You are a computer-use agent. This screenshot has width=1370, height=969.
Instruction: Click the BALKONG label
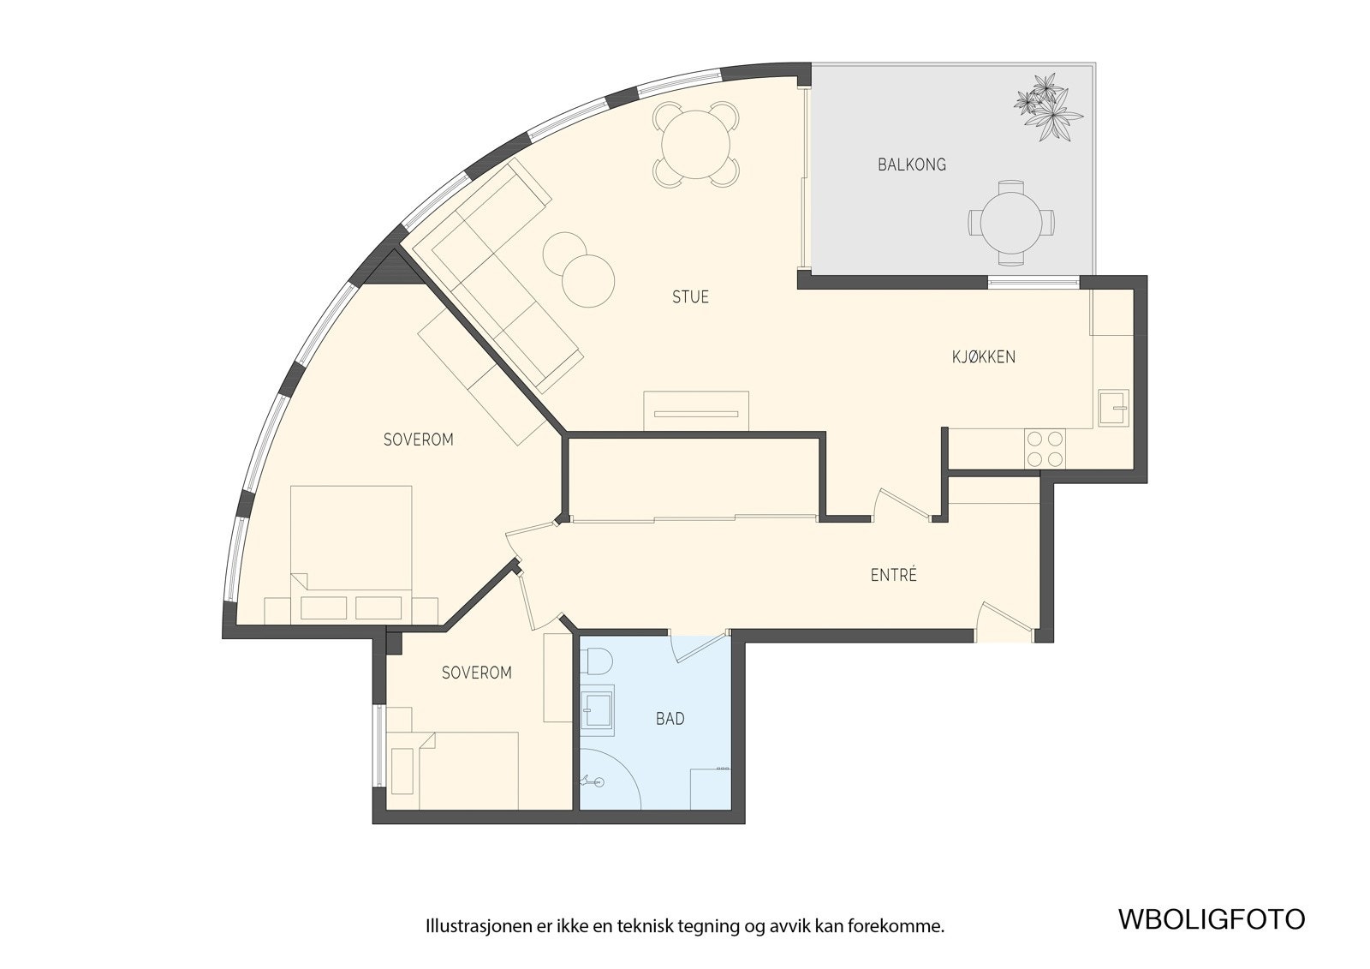tap(911, 164)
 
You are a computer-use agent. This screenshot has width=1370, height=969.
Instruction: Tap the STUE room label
tap(690, 297)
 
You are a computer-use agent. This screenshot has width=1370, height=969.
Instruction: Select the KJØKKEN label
tap(984, 357)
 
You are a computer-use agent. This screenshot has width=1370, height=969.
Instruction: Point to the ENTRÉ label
tap(894, 575)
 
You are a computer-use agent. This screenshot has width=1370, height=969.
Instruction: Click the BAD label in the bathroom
tap(670, 719)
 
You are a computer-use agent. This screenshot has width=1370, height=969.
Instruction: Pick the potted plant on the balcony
tap(1048, 108)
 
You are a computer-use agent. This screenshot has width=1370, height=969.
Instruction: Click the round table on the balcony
tap(1011, 223)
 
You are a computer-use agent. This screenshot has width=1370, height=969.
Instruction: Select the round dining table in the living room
tap(696, 145)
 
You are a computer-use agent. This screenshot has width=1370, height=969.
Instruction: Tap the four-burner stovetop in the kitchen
tap(1045, 449)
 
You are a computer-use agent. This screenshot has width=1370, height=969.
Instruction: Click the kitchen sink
tap(1113, 408)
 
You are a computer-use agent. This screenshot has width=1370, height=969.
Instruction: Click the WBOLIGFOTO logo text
tap(1212, 936)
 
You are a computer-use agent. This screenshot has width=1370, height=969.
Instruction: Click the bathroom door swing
tap(699, 646)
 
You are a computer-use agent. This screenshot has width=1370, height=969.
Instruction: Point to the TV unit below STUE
tap(696, 411)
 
